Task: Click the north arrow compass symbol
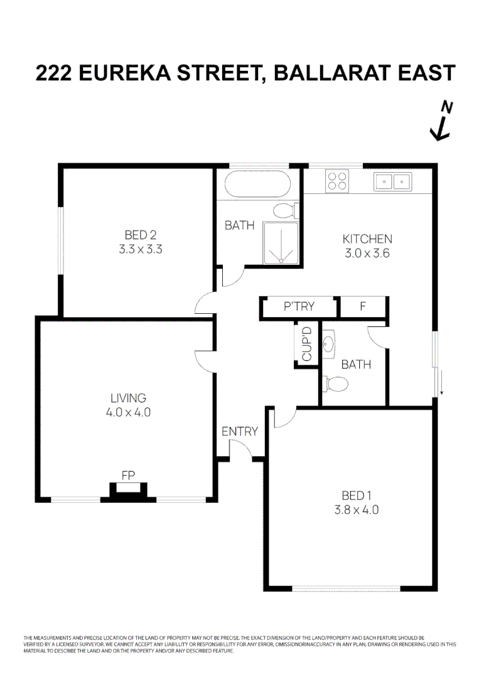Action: (442, 122)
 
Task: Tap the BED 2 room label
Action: (140, 235)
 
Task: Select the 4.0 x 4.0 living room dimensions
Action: (128, 412)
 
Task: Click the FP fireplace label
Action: (128, 475)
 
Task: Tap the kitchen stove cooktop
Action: (337, 181)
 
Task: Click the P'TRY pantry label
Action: (299, 307)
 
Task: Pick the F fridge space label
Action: (362, 307)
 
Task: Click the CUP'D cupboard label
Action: (307, 343)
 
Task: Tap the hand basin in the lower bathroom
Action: (330, 343)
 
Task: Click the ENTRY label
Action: (239, 431)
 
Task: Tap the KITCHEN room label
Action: (367, 239)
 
